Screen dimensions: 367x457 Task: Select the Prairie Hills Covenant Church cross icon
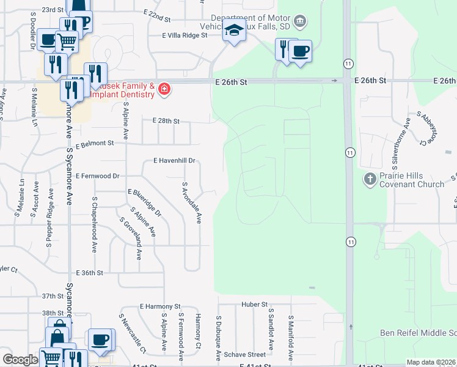pyautogui.click(x=370, y=179)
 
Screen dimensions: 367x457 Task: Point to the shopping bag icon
pyautogui.click(x=57, y=336)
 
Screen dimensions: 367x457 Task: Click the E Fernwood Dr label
pyautogui.click(x=98, y=176)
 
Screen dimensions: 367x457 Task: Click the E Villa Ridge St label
pyautogui.click(x=185, y=35)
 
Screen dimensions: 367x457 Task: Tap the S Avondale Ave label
pyautogui.click(x=191, y=202)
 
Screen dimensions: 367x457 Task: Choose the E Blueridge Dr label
pyautogui.click(x=145, y=203)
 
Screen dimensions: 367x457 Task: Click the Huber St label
pyautogui.click(x=254, y=304)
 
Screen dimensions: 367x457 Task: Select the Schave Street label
pyautogui.click(x=244, y=354)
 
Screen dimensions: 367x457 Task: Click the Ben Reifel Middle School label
pyautogui.click(x=418, y=333)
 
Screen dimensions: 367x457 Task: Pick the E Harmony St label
pyautogui.click(x=160, y=306)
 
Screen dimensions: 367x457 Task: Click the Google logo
pyautogui.click(x=20, y=360)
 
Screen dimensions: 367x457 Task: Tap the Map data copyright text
pyautogui.click(x=431, y=362)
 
